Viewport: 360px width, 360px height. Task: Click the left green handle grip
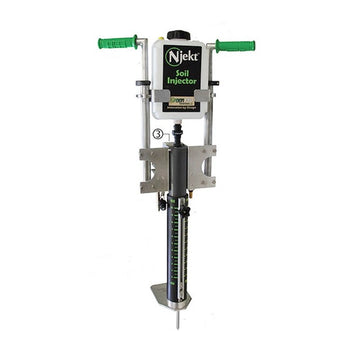tap(118, 43)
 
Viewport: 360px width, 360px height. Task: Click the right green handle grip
tap(236, 45)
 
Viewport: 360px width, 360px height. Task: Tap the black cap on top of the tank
tap(179, 35)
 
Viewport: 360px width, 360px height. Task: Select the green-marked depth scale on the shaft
tap(179, 250)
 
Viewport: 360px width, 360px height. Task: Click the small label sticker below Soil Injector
tap(180, 101)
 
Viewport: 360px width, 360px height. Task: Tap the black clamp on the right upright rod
tap(213, 84)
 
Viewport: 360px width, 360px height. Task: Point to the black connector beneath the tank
tap(179, 130)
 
